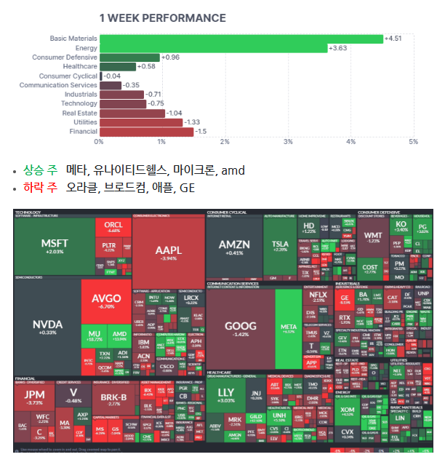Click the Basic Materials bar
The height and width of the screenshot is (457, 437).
click(x=241, y=39)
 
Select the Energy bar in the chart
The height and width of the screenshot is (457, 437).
click(x=213, y=48)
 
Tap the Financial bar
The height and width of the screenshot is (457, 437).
click(x=146, y=132)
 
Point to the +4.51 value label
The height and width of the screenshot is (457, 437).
click(x=393, y=39)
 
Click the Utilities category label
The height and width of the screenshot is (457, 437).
click(x=81, y=122)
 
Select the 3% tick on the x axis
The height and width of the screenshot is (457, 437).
click(x=288, y=141)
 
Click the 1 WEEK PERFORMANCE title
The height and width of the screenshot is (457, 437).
click(x=162, y=17)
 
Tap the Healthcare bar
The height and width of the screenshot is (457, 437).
click(x=117, y=66)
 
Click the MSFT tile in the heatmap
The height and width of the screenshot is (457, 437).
click(x=54, y=246)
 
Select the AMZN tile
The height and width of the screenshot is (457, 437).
click(x=233, y=247)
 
